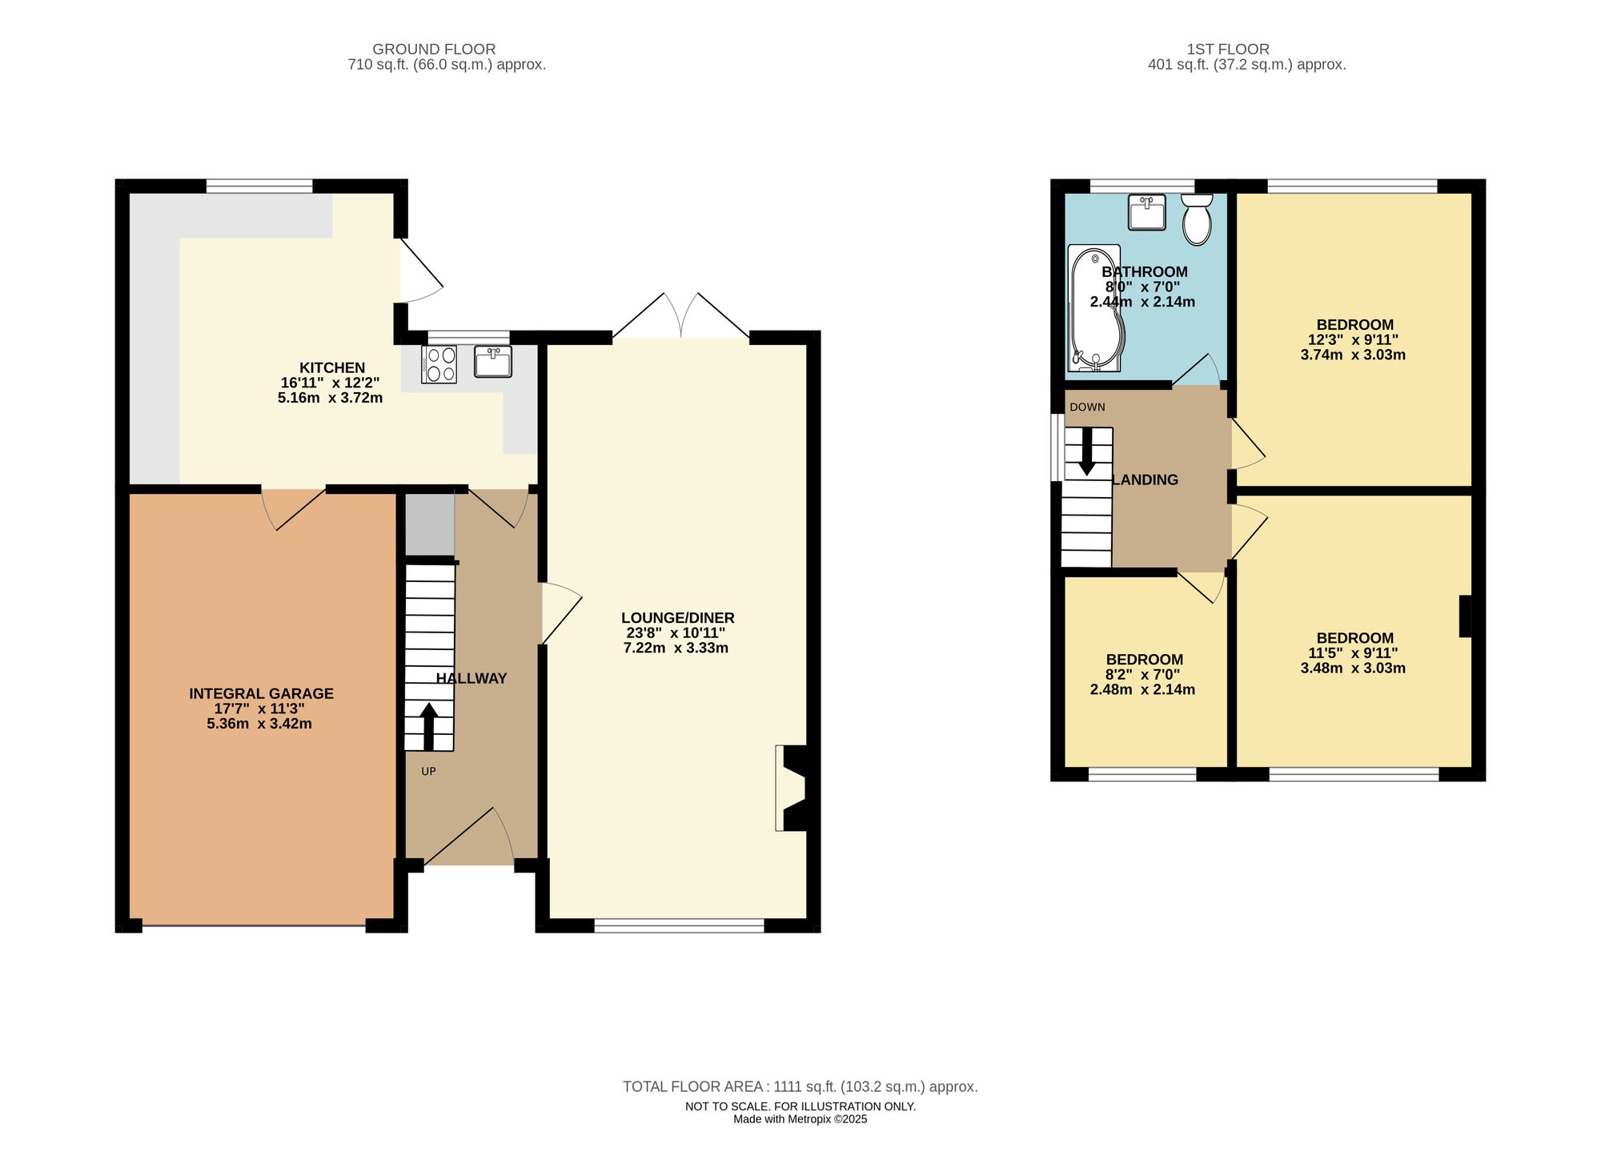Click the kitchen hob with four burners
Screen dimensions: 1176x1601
(439, 364)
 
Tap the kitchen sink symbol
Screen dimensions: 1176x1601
(492, 361)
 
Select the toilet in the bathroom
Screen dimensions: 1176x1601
(1197, 219)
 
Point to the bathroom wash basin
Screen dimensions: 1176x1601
(1147, 212)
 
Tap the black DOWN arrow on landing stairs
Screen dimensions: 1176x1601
(1087, 452)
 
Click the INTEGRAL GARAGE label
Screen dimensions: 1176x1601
(261, 693)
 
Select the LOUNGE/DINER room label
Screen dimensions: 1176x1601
(677, 618)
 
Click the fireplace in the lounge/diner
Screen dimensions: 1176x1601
(791, 789)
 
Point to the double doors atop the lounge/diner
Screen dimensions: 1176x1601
(681, 316)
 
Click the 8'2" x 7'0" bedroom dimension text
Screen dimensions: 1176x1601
(1144, 675)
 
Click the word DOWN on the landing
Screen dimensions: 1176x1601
(1087, 407)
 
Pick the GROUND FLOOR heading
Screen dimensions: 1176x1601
(434, 49)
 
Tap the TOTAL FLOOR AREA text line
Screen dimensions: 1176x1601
(800, 1086)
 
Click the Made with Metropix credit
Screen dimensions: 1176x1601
(800, 1119)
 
